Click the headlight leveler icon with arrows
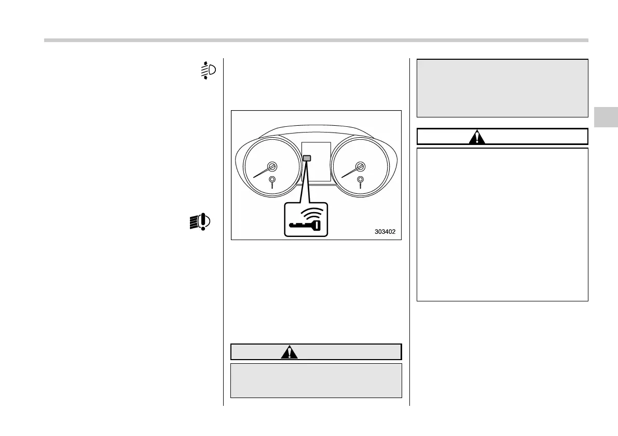[x=208, y=70]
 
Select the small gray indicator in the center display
[x=307, y=157]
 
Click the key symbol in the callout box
[x=306, y=225]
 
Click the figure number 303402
[x=385, y=232]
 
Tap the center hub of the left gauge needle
[x=272, y=167]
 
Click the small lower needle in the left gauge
[x=272, y=181]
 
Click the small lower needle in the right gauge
[x=361, y=181]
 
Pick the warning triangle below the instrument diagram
[x=290, y=352]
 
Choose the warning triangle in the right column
[x=476, y=137]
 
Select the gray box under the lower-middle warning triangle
[x=316, y=380]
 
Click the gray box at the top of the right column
[x=502, y=88]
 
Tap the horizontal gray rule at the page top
[x=316, y=40]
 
